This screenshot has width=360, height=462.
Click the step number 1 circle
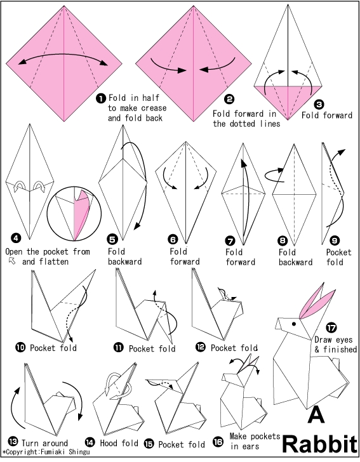(x=101, y=98)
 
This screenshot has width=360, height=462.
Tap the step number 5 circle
(x=112, y=239)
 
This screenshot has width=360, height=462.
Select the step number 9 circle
(x=335, y=241)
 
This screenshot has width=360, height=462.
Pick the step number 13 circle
(x=13, y=442)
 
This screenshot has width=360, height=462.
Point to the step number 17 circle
(x=331, y=327)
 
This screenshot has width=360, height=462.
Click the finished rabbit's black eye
(x=294, y=324)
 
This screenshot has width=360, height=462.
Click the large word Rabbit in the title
(x=320, y=444)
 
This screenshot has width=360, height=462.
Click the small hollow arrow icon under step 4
(x=12, y=260)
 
